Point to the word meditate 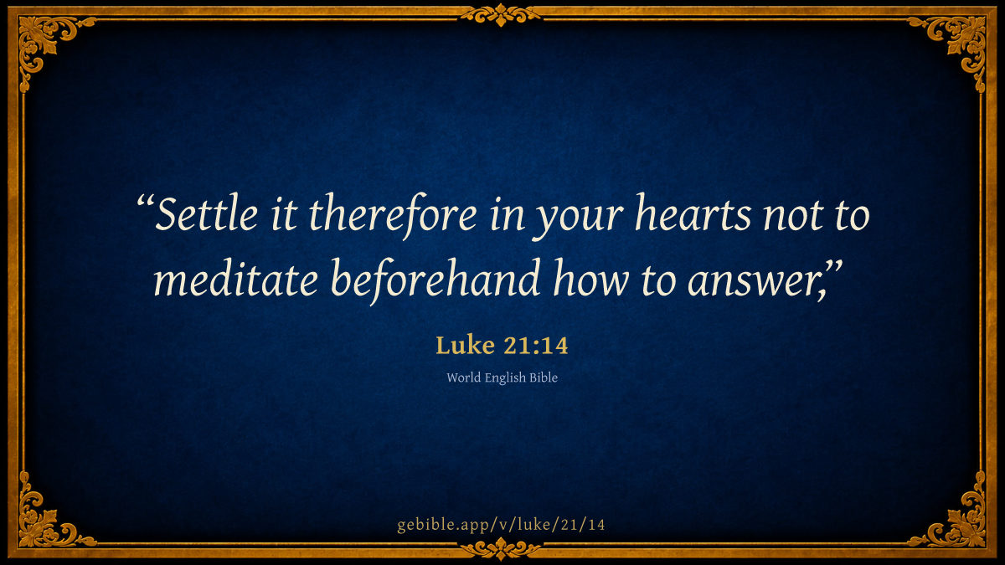tap(236, 278)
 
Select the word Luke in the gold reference tap(466, 345)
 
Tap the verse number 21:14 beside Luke tap(536, 346)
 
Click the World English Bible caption tap(502, 378)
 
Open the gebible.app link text tap(501, 525)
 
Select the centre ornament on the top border tap(501, 15)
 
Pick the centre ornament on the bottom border tap(501, 548)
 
